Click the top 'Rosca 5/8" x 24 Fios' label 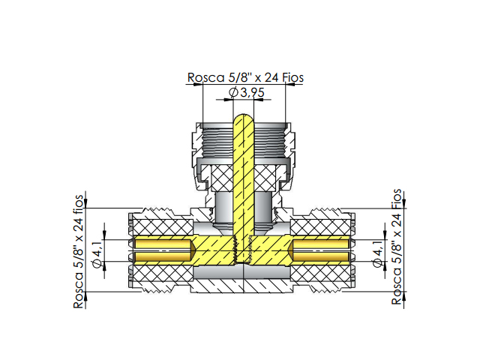click(244, 77)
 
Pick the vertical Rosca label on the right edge click(397, 247)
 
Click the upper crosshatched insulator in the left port click(161, 225)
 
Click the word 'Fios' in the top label click(290, 77)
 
